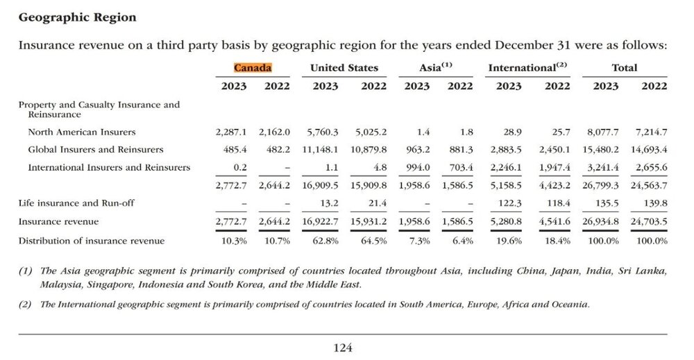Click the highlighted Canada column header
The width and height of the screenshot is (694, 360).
click(x=253, y=68)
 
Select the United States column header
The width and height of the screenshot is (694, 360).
click(x=344, y=68)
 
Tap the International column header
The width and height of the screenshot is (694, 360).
click(x=527, y=67)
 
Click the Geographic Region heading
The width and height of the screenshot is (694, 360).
click(x=78, y=18)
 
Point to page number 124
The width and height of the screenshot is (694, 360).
click(x=343, y=348)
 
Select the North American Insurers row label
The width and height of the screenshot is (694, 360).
click(x=82, y=132)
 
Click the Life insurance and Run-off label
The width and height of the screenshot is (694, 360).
click(x=76, y=203)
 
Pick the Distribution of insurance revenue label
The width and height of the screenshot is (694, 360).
click(x=92, y=241)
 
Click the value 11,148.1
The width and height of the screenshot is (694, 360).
click(x=320, y=150)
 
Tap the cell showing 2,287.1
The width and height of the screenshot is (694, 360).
click(x=231, y=132)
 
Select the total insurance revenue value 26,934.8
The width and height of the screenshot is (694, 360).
click(x=600, y=221)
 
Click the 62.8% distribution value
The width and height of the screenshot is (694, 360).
click(x=325, y=241)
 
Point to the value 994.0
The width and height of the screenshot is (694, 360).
click(x=418, y=167)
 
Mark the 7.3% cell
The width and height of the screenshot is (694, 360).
click(x=420, y=241)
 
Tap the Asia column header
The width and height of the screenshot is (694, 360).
click(x=436, y=67)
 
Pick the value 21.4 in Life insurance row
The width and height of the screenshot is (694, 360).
click(x=378, y=203)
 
